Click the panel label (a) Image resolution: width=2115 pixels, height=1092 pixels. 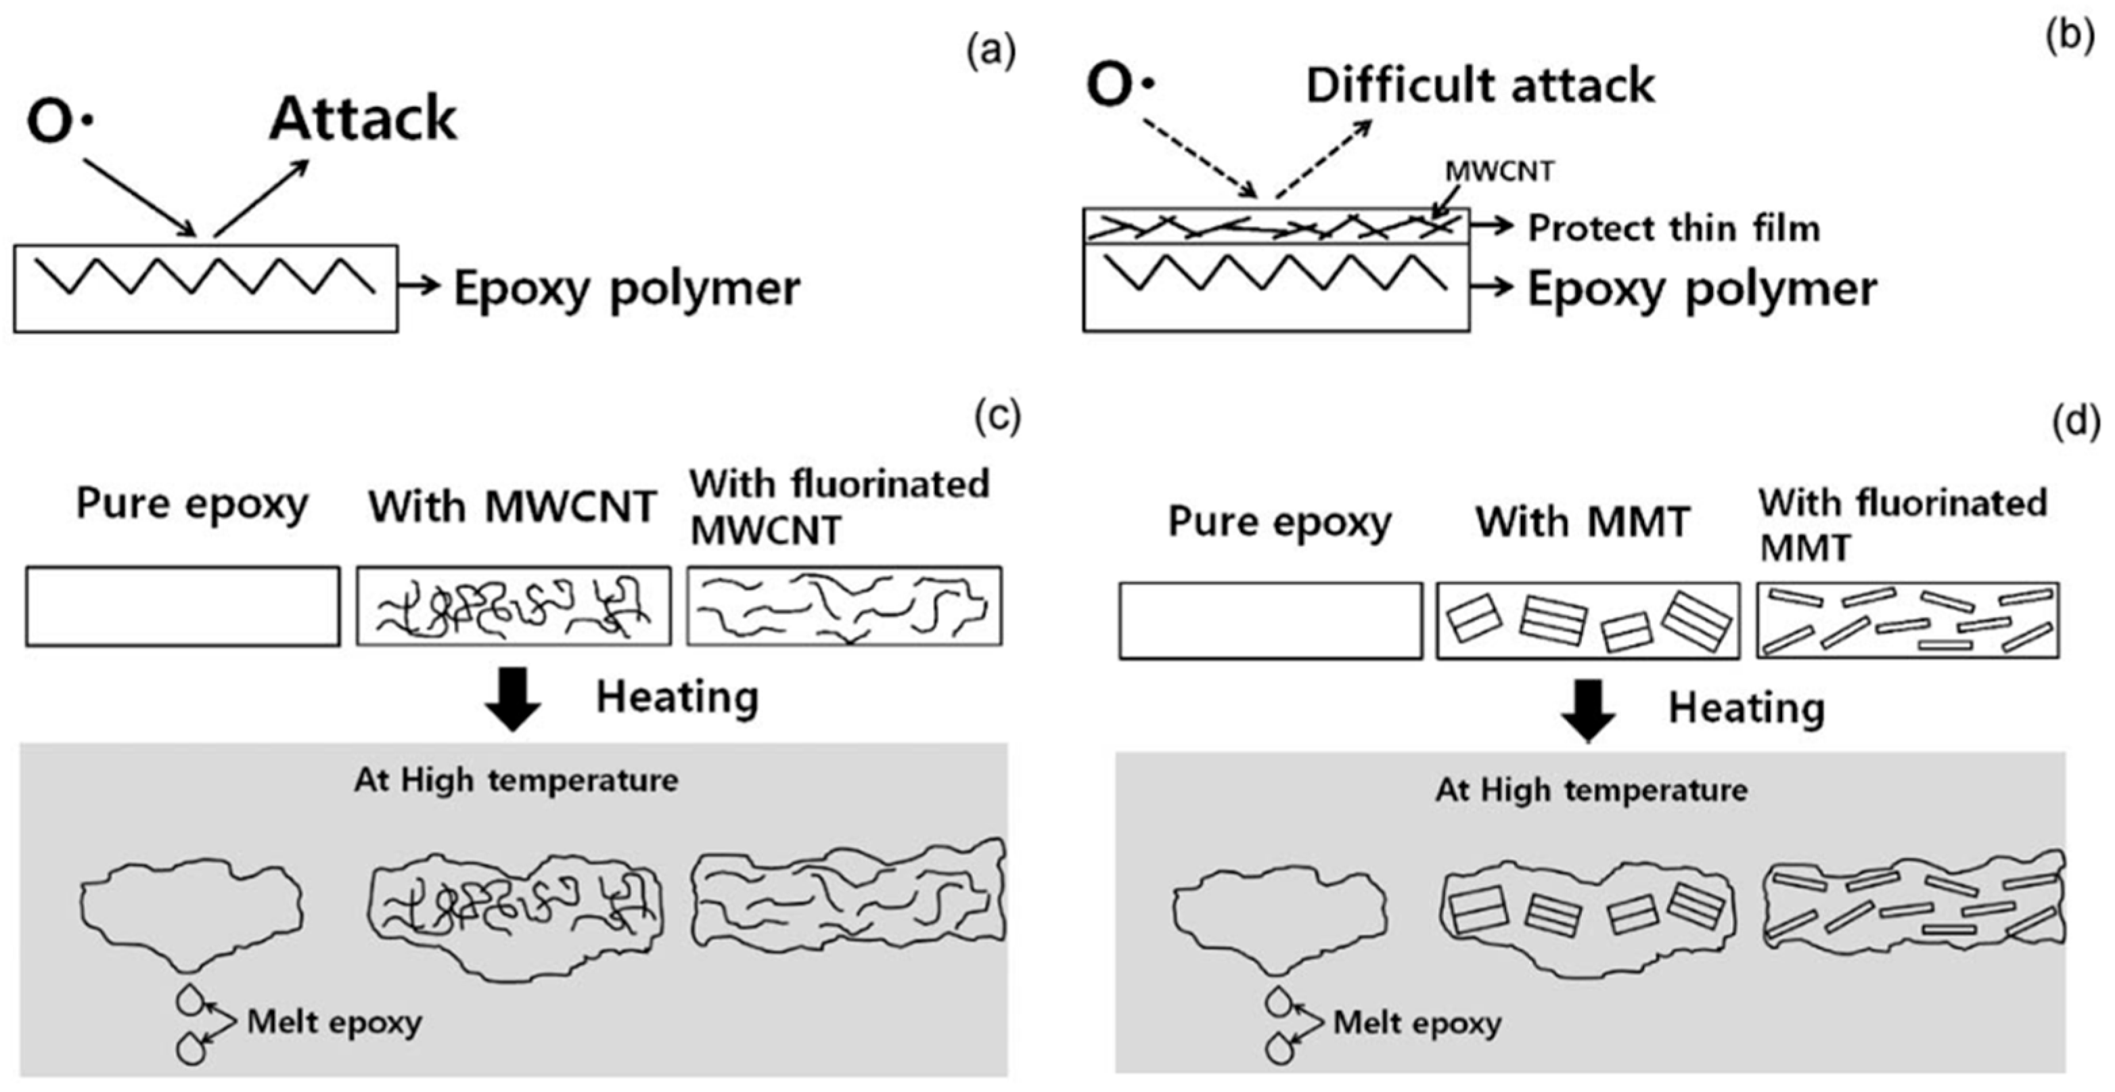[991, 51]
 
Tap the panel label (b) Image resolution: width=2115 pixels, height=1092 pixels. [2069, 37]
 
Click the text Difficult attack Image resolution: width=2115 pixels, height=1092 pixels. [1480, 85]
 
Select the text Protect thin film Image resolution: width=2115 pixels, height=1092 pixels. [1673, 227]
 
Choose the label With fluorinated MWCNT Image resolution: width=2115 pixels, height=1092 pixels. [839, 507]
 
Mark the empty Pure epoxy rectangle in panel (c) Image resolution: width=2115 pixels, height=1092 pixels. [182, 606]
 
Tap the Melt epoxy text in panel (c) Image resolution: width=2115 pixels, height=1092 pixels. [334, 1022]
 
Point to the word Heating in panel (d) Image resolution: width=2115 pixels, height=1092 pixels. [1746, 708]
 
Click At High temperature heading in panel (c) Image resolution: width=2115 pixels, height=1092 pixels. [516, 780]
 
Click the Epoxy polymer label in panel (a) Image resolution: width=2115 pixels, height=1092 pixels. [627, 289]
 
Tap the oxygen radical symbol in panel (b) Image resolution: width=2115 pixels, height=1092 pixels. [1120, 85]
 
